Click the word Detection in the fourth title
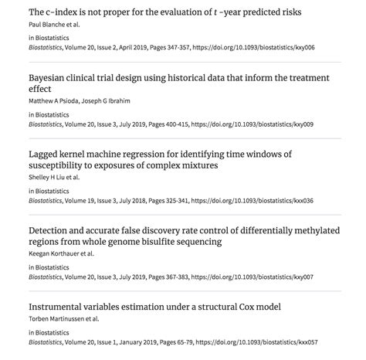(53, 230)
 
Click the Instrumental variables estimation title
(154, 307)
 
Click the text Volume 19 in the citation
(83, 199)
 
